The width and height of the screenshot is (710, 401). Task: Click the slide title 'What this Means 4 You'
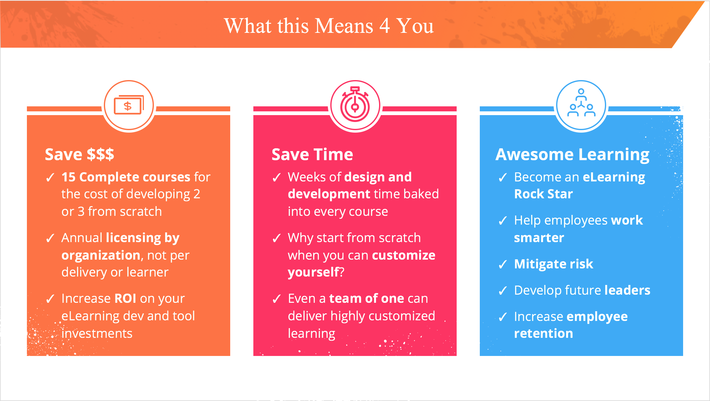click(329, 26)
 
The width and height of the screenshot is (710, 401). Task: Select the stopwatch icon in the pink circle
click(355, 104)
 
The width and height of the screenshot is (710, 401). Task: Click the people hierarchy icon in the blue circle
click(581, 102)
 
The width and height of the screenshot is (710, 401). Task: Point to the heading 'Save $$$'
click(79, 154)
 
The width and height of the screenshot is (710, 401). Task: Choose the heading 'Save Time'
click(312, 154)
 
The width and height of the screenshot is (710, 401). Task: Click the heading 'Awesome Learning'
click(572, 155)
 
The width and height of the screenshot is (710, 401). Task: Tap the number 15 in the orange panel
click(68, 177)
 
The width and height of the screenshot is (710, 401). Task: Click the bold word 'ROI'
click(125, 298)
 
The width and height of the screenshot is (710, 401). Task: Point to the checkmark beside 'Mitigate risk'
click(503, 265)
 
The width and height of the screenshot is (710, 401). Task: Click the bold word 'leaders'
click(627, 290)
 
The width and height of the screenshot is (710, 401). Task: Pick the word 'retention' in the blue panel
click(544, 333)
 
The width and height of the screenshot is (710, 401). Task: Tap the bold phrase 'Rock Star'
click(544, 194)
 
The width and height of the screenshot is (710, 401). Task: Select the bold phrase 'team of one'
click(367, 298)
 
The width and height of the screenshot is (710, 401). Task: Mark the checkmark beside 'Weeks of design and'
click(276, 178)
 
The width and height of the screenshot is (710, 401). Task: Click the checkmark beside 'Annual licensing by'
click(50, 238)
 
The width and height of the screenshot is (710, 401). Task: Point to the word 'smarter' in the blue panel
click(539, 238)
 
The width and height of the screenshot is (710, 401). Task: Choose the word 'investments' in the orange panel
click(97, 333)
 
